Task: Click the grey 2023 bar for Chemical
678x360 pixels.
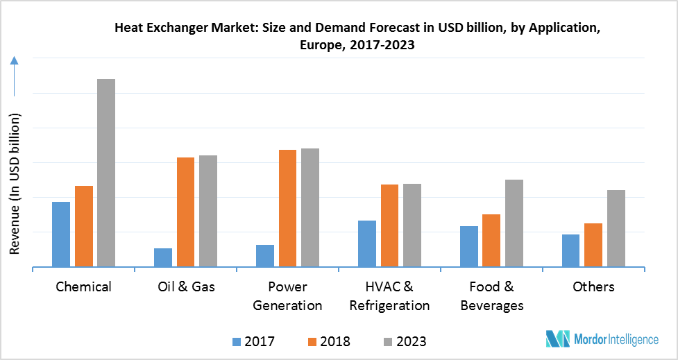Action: (x=106, y=173)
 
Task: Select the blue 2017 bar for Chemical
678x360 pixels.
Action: (x=61, y=234)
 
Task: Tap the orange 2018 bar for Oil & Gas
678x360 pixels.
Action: (x=185, y=212)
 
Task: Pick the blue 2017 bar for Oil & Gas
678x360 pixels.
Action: (x=163, y=257)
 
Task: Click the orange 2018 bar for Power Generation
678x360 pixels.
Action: (x=287, y=208)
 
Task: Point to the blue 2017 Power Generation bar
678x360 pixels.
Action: (x=265, y=255)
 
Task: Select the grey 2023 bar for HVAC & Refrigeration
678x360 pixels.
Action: (x=412, y=225)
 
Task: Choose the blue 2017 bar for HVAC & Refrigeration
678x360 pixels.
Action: (x=367, y=243)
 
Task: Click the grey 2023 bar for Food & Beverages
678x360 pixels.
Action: (x=514, y=223)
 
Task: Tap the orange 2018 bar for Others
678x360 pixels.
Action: (x=593, y=245)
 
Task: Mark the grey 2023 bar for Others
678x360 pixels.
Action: (x=616, y=228)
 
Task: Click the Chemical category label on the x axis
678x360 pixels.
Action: (x=83, y=286)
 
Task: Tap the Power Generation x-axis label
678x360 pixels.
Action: (x=287, y=296)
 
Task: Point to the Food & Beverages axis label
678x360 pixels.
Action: (x=491, y=296)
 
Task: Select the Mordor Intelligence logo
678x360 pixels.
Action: (x=602, y=339)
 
